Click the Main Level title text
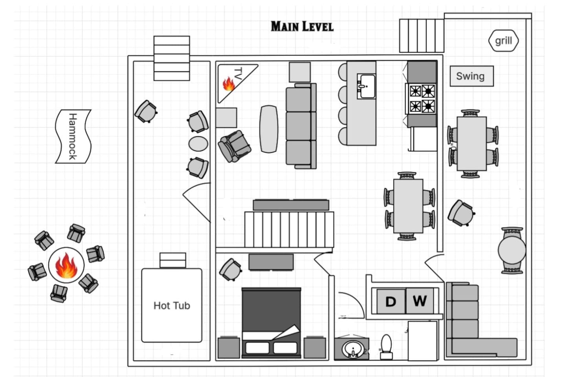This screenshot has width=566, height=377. [x=302, y=27]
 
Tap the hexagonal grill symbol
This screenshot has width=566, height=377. [x=504, y=41]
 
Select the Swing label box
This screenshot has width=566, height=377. [x=472, y=76]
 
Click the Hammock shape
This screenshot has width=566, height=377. [x=73, y=136]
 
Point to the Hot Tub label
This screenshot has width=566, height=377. [x=172, y=306]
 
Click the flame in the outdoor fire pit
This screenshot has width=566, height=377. [x=66, y=265]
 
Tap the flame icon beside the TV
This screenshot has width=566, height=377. [x=229, y=84]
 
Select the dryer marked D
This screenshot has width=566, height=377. [x=391, y=301]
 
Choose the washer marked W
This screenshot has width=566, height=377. [x=420, y=301]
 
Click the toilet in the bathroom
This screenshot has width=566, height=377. [x=386, y=347]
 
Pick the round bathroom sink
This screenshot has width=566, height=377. [x=353, y=349]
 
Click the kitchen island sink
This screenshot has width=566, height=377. [x=366, y=86]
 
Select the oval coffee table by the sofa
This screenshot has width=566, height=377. [x=269, y=129]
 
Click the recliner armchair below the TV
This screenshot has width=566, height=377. [x=235, y=146]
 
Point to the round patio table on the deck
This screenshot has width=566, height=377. [x=512, y=250]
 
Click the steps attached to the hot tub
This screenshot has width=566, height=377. [x=173, y=260]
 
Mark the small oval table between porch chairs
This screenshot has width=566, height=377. [x=198, y=144]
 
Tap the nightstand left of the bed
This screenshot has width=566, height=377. [x=229, y=347]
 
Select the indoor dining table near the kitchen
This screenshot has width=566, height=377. [x=408, y=206]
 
